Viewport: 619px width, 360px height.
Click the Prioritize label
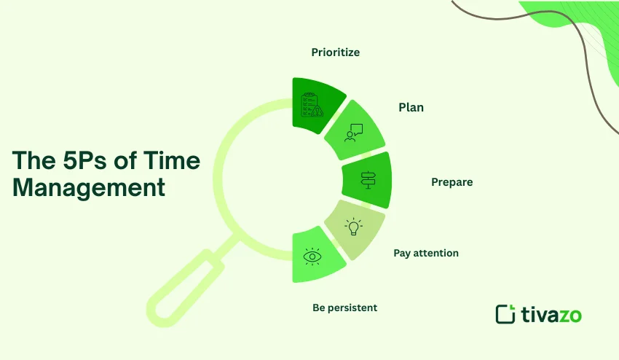[336, 52]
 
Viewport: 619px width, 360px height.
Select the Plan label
[411, 107]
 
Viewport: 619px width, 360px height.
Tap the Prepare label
[452, 182]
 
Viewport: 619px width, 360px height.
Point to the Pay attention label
[426, 253]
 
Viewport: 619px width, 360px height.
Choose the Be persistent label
[344, 308]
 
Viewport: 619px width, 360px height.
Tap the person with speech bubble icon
[353, 132]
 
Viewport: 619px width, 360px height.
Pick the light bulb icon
[354, 227]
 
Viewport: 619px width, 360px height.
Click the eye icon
[312, 256]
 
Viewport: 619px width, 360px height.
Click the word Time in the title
[167, 161]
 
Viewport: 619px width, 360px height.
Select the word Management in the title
[89, 187]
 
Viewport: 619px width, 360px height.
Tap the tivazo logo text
[551, 315]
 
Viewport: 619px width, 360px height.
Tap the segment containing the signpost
[368, 179]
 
